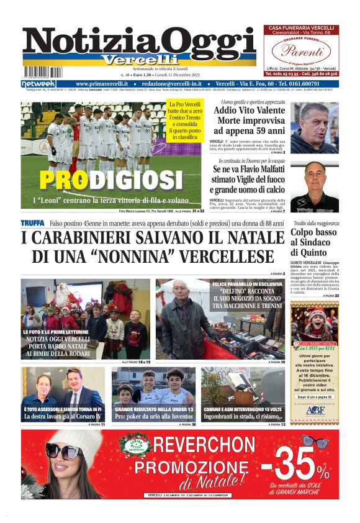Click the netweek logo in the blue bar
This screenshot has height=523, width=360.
point(38,83)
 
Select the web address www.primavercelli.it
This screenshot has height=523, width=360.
point(102,83)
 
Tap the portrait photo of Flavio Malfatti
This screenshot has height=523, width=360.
point(313,185)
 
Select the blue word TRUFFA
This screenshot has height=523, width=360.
point(32,223)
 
